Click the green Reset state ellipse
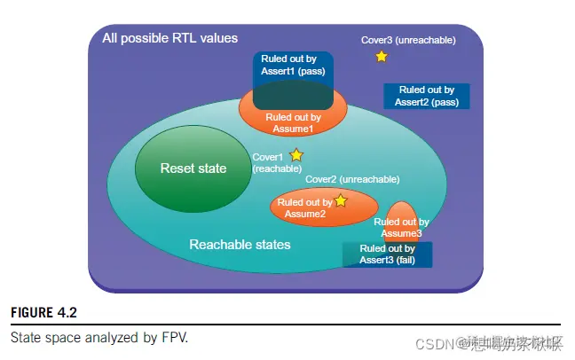coord(193,168)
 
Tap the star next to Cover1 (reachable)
coord(296,155)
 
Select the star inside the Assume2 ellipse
coord(340,201)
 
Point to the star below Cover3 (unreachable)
coord(382,57)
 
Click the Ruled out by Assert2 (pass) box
coord(427,96)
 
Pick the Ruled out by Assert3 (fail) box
coord(388,254)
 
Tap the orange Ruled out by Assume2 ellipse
coord(302,207)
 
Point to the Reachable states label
coord(240,244)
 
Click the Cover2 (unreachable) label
coord(346,178)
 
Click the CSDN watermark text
coord(432,342)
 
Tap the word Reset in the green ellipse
coord(176,168)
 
